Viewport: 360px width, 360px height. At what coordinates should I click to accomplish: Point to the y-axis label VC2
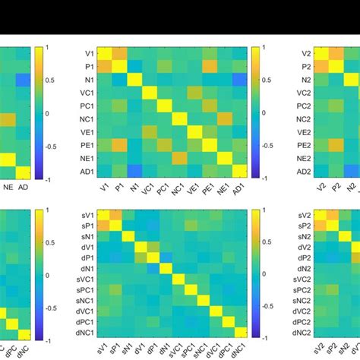(x=305, y=93)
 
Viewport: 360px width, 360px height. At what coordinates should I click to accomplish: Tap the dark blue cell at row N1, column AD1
(x=240, y=80)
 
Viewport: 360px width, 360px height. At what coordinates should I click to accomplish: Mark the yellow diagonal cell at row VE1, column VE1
(x=195, y=131)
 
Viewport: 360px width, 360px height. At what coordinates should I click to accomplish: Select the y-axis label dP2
(x=306, y=257)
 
